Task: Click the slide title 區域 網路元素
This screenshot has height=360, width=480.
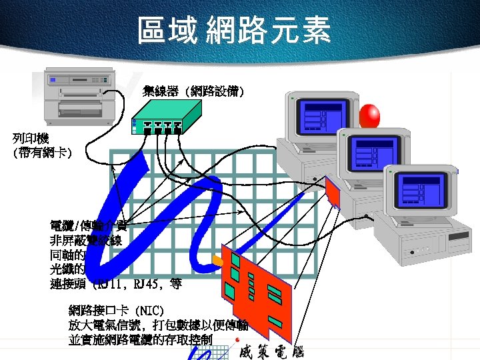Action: [x=234, y=31]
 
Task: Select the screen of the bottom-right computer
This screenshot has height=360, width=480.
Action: [x=421, y=190]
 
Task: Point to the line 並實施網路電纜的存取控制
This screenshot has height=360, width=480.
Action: [x=140, y=339]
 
